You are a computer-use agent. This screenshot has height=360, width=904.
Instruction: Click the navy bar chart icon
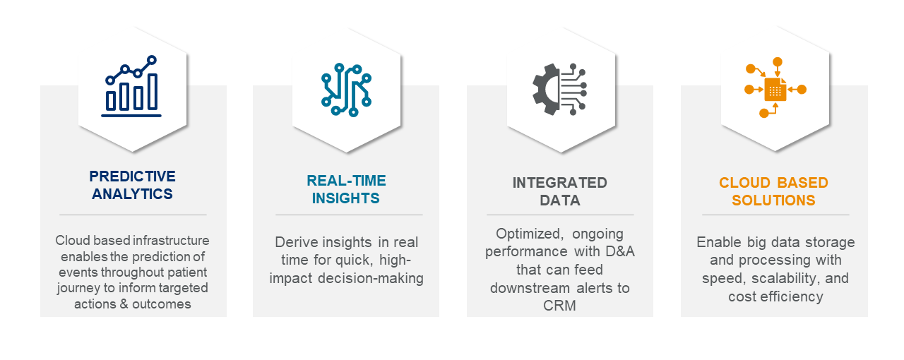131,86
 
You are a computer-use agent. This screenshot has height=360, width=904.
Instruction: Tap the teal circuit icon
346,90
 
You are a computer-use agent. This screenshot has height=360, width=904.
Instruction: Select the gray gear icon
546,89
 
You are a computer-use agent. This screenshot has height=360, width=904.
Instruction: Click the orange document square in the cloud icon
775,89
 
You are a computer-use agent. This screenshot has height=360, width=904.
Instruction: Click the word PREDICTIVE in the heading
132,176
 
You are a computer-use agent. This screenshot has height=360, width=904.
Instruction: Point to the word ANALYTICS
132,194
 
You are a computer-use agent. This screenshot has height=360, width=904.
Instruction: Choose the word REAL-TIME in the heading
346,181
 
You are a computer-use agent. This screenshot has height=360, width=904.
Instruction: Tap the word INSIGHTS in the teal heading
346,198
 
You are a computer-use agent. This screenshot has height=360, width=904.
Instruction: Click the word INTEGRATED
560,183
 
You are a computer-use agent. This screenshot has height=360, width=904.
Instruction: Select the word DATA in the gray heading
560,200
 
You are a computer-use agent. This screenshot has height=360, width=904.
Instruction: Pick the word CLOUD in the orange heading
742,183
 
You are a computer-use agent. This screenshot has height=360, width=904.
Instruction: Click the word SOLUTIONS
773,200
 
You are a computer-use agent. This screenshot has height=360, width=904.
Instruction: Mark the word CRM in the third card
559,306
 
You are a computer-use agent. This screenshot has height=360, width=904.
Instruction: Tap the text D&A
620,251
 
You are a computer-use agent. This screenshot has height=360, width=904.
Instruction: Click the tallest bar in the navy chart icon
153,92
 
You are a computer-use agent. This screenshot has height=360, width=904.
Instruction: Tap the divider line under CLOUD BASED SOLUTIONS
775,215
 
